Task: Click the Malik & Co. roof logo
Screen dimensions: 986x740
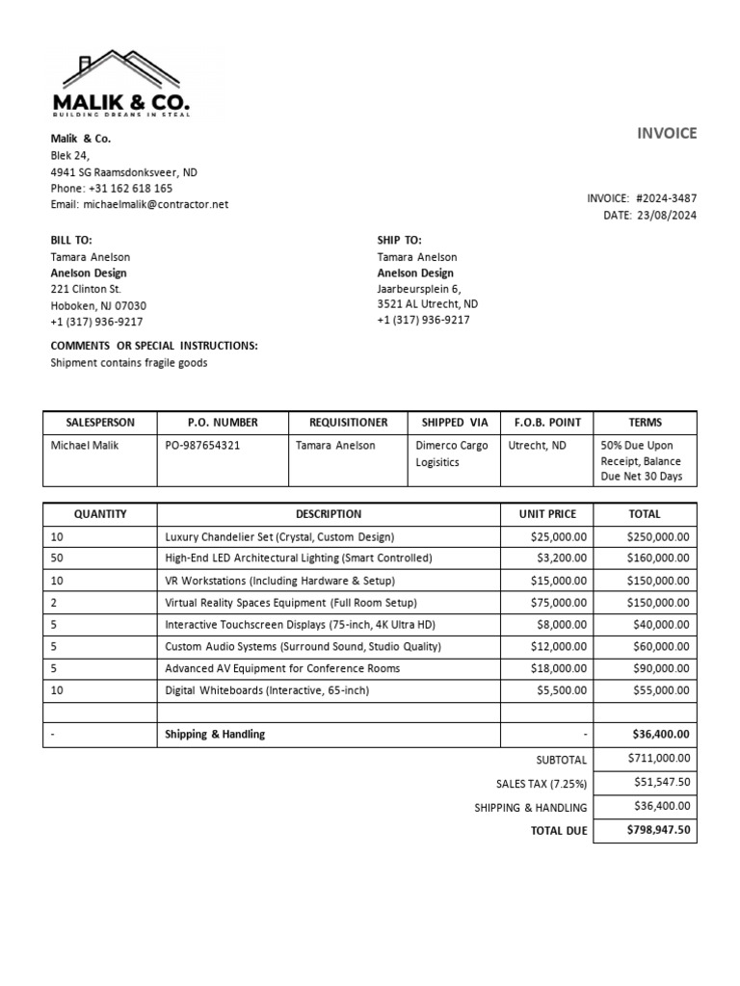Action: pos(121,84)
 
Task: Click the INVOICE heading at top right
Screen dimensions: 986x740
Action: pos(666,134)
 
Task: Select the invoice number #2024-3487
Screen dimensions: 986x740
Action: pos(666,198)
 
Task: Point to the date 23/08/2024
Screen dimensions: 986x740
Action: pos(666,216)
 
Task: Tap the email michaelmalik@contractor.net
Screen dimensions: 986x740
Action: pos(156,204)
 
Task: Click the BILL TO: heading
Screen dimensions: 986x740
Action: pos(71,240)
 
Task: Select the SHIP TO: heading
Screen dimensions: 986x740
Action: pos(399,240)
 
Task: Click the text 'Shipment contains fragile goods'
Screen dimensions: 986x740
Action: pos(128,363)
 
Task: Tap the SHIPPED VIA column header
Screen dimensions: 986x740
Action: pos(454,423)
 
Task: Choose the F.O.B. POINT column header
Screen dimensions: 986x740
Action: pos(545,423)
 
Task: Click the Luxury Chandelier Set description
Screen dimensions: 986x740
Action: pos(279,536)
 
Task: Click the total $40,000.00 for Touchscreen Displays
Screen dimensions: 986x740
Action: pos(660,624)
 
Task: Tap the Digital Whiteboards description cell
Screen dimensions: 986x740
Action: pos(267,690)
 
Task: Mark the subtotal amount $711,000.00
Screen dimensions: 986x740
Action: pos(658,759)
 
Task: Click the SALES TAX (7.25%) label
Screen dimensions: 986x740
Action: pos(541,784)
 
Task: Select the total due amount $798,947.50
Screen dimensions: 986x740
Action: pos(658,830)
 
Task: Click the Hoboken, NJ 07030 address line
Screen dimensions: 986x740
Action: pos(98,306)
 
